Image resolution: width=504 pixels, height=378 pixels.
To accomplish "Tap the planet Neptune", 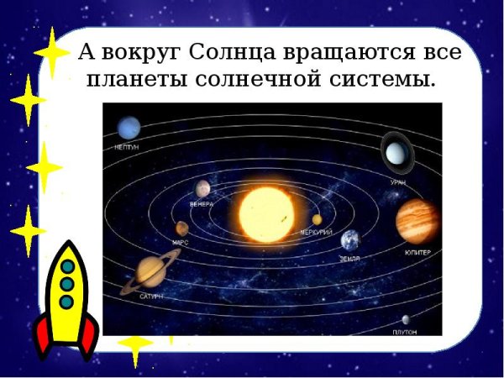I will coord(129,129).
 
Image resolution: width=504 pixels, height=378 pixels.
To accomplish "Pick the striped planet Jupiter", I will coord(416,220).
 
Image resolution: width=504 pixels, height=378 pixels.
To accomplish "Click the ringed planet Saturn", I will coord(150,273).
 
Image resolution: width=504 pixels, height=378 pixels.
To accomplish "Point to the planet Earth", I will coord(350,240).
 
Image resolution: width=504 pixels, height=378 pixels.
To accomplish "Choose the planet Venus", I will coord(202,189).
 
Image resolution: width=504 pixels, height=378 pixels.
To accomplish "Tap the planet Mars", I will coord(181,228).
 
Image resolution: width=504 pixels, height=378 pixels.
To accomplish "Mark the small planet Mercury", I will coord(317,220).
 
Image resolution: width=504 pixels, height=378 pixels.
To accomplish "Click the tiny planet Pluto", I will coord(406,320).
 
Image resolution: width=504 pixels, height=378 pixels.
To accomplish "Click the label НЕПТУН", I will coord(126,147).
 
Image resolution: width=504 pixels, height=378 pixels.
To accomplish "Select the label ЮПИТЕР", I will coord(417,252).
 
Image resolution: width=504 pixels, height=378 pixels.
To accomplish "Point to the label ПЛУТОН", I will coord(405,333).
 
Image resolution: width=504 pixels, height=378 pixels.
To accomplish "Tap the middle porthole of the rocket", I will coord(67,284).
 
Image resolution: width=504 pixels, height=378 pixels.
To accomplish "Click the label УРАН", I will coord(398,181).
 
